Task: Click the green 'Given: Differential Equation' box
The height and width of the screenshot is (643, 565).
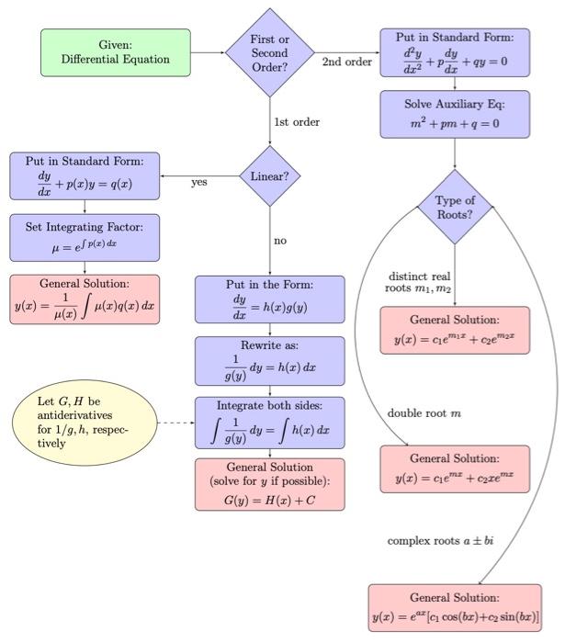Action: point(116,52)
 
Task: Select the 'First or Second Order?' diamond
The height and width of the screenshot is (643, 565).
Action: point(270,52)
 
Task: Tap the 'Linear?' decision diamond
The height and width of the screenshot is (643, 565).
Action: point(270,176)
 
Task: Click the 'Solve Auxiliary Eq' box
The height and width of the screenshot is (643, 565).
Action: point(455,114)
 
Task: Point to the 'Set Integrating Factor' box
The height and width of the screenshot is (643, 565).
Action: point(85,237)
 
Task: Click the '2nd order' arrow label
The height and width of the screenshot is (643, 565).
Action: point(347,62)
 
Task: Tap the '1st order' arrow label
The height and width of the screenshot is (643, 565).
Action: point(296,121)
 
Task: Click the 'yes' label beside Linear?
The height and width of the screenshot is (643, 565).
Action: point(199,183)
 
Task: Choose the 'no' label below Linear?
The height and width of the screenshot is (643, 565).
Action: point(280,241)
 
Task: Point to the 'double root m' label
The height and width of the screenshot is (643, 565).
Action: point(424,413)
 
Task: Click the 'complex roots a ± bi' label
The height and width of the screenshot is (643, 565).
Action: point(440,541)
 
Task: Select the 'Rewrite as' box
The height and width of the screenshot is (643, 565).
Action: point(269,361)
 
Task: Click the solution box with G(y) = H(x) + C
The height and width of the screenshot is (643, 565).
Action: point(269,484)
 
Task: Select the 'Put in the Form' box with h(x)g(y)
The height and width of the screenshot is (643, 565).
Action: point(269,299)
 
